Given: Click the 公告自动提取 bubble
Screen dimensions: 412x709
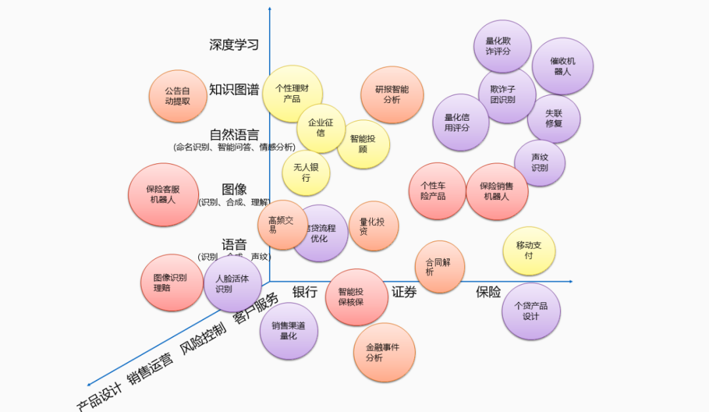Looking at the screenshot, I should pyautogui.click(x=178, y=96).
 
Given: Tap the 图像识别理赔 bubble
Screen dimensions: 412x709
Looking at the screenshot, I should pyautogui.click(x=173, y=283).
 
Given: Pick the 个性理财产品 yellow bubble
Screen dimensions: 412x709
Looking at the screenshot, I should pyautogui.click(x=292, y=94).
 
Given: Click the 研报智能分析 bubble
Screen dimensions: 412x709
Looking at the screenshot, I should pyautogui.click(x=392, y=94).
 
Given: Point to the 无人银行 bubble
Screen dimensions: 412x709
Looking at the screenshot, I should pyautogui.click(x=306, y=173).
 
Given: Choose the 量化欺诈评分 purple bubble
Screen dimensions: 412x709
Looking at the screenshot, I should pyautogui.click(x=502, y=46).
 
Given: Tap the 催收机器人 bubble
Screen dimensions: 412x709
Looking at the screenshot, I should pyautogui.click(x=563, y=66).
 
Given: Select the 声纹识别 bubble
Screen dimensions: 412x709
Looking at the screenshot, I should pyautogui.click(x=540, y=163).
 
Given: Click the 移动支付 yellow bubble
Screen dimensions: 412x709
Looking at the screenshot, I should pyautogui.click(x=529, y=251).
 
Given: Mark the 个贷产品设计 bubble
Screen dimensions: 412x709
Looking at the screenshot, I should pyautogui.click(x=531, y=311).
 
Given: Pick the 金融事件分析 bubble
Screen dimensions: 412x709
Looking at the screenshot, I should pyautogui.click(x=385, y=352).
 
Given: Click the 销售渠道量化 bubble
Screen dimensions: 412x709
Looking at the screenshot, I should pyautogui.click(x=289, y=331).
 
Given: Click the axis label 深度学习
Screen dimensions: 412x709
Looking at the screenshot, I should pyautogui.click(x=234, y=45).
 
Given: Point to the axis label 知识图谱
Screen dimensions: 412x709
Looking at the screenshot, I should pyautogui.click(x=234, y=90).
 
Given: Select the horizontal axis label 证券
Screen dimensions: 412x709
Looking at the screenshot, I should pyautogui.click(x=404, y=292).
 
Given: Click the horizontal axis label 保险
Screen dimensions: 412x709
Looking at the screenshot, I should pyautogui.click(x=488, y=292).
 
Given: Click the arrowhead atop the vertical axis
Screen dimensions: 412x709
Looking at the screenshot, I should pyautogui.click(x=270, y=9).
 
